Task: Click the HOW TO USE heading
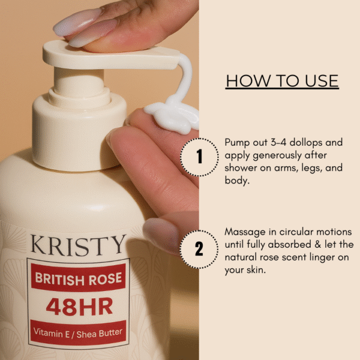click(x=282, y=81)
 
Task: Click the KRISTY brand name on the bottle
click(x=79, y=245)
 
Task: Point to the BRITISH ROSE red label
click(x=78, y=278)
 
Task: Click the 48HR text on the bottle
click(x=79, y=307)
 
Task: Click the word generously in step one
click(x=277, y=156)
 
